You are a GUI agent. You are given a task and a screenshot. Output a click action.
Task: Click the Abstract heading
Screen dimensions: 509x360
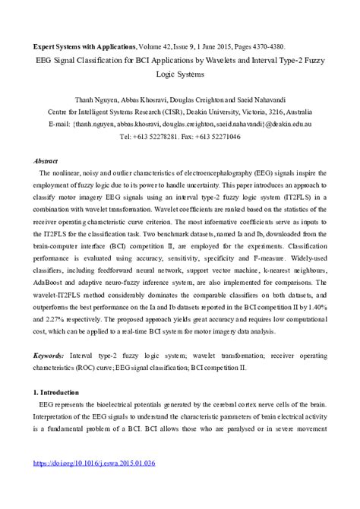pyautogui.click(x=46, y=161)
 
